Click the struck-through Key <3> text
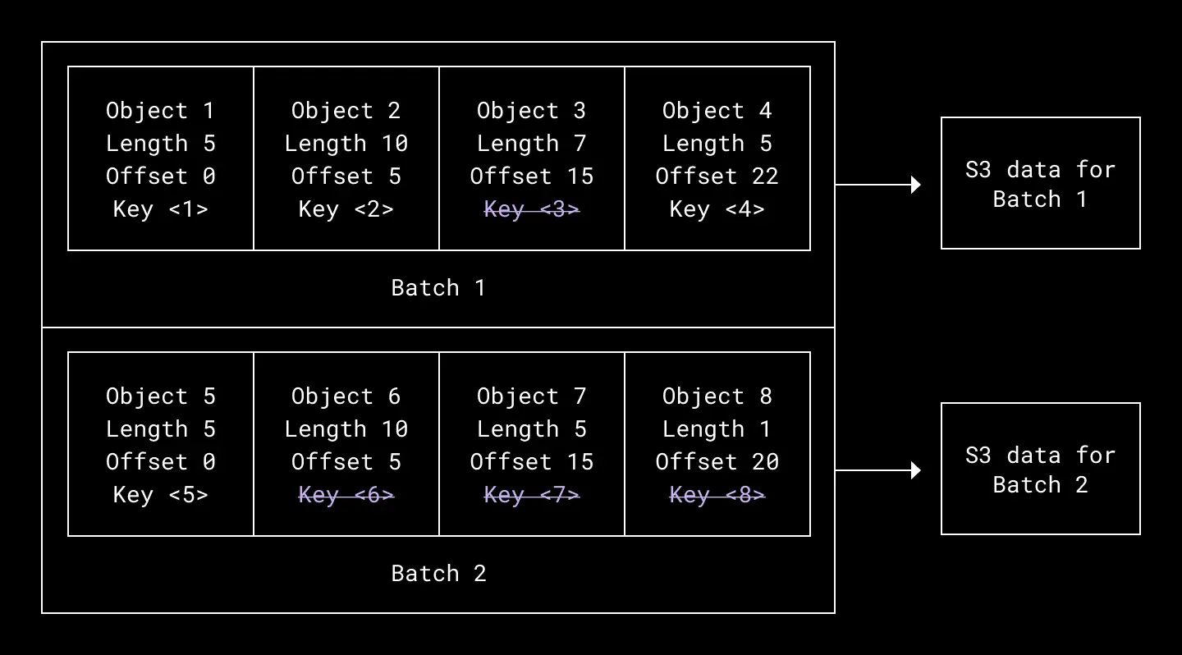click(532, 209)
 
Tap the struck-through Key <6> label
click(346, 495)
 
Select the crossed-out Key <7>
click(532, 495)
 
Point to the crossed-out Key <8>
click(717, 495)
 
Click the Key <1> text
click(161, 209)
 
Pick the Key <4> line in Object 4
click(717, 209)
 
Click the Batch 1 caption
click(438, 288)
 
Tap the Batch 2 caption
click(438, 574)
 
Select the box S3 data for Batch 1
click(1040, 183)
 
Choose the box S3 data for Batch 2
click(1040, 469)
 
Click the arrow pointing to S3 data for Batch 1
click(877, 185)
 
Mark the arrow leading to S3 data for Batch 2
click(877, 470)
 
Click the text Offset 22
click(717, 176)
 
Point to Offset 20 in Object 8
click(717, 462)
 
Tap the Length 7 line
click(532, 144)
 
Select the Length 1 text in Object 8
click(717, 429)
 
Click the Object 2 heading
click(346, 111)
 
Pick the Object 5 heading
click(161, 396)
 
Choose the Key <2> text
click(346, 209)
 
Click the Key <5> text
click(161, 495)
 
